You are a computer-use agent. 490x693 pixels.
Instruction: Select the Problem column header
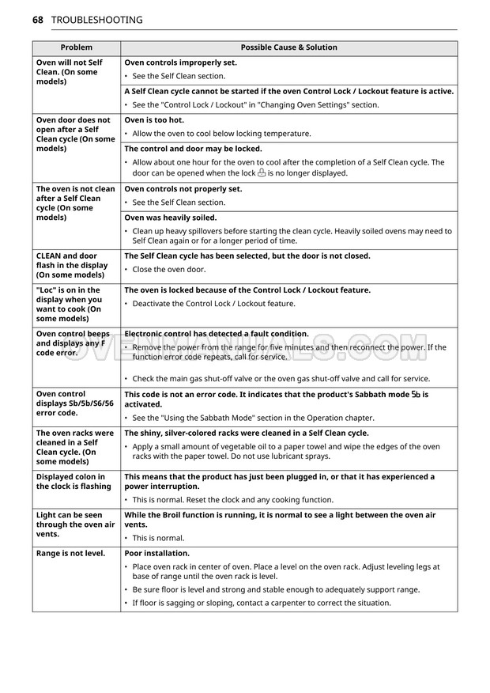coord(76,47)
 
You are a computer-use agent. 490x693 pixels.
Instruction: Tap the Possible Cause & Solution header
coord(288,47)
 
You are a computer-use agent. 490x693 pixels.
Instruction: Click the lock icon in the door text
coord(262,172)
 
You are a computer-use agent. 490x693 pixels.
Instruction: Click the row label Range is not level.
coord(70,553)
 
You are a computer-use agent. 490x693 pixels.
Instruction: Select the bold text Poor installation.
coord(156,553)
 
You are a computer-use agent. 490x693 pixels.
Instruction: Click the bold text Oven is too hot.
coord(154,119)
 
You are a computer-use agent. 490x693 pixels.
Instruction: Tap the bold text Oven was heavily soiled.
coord(170,218)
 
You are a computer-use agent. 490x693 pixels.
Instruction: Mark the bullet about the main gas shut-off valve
coord(281,378)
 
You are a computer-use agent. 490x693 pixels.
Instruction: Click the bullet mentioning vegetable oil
coord(285,451)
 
